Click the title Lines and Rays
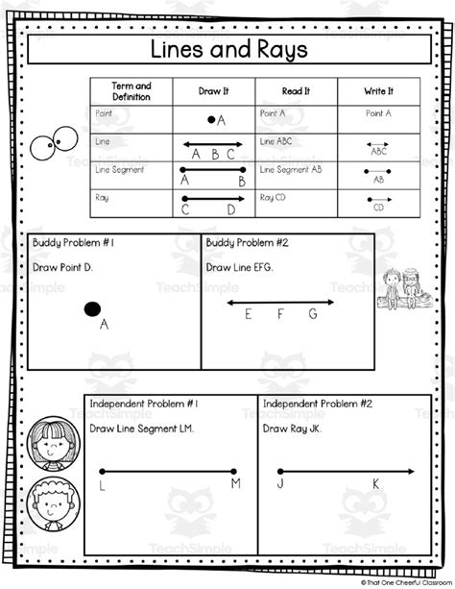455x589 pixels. [x=227, y=49]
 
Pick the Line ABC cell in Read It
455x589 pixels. [x=277, y=140]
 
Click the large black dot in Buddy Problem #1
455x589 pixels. [x=92, y=308]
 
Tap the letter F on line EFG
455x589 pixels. [x=280, y=314]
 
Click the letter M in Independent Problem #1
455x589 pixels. [x=235, y=484]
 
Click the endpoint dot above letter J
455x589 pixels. [x=279, y=471]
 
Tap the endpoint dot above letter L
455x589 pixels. [x=101, y=471]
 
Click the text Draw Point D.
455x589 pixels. [x=63, y=266]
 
